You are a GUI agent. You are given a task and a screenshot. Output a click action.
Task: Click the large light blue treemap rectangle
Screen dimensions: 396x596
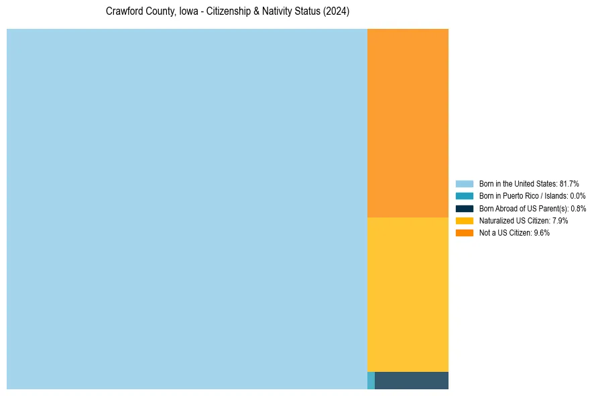(187, 209)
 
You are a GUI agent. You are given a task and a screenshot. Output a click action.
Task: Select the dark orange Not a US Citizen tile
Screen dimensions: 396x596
(408, 123)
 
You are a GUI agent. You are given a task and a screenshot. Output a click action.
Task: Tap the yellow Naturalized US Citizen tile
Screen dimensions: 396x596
(408, 294)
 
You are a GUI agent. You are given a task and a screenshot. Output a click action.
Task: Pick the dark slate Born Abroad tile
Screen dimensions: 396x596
(411, 381)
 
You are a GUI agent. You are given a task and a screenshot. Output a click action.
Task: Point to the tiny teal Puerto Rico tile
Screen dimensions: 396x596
(371, 381)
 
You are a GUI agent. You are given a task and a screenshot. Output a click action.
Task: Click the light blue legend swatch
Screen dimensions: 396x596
(464, 184)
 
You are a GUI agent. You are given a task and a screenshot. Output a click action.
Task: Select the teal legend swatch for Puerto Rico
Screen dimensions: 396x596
(464, 196)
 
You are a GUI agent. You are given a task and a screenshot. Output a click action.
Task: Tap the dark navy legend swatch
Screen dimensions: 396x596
(464, 208)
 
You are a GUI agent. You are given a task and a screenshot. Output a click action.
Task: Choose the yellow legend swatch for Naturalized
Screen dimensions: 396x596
(464, 220)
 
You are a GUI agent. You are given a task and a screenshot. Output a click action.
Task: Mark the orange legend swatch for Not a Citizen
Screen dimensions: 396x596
(464, 232)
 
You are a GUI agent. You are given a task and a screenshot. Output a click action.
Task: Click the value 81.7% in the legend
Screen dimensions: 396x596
(569, 184)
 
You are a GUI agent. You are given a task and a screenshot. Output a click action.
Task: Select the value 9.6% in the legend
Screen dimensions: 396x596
(542, 232)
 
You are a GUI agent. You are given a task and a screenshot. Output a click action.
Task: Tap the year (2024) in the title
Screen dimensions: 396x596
(336, 12)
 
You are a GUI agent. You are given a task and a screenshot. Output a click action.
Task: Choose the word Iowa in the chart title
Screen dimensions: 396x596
(189, 12)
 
